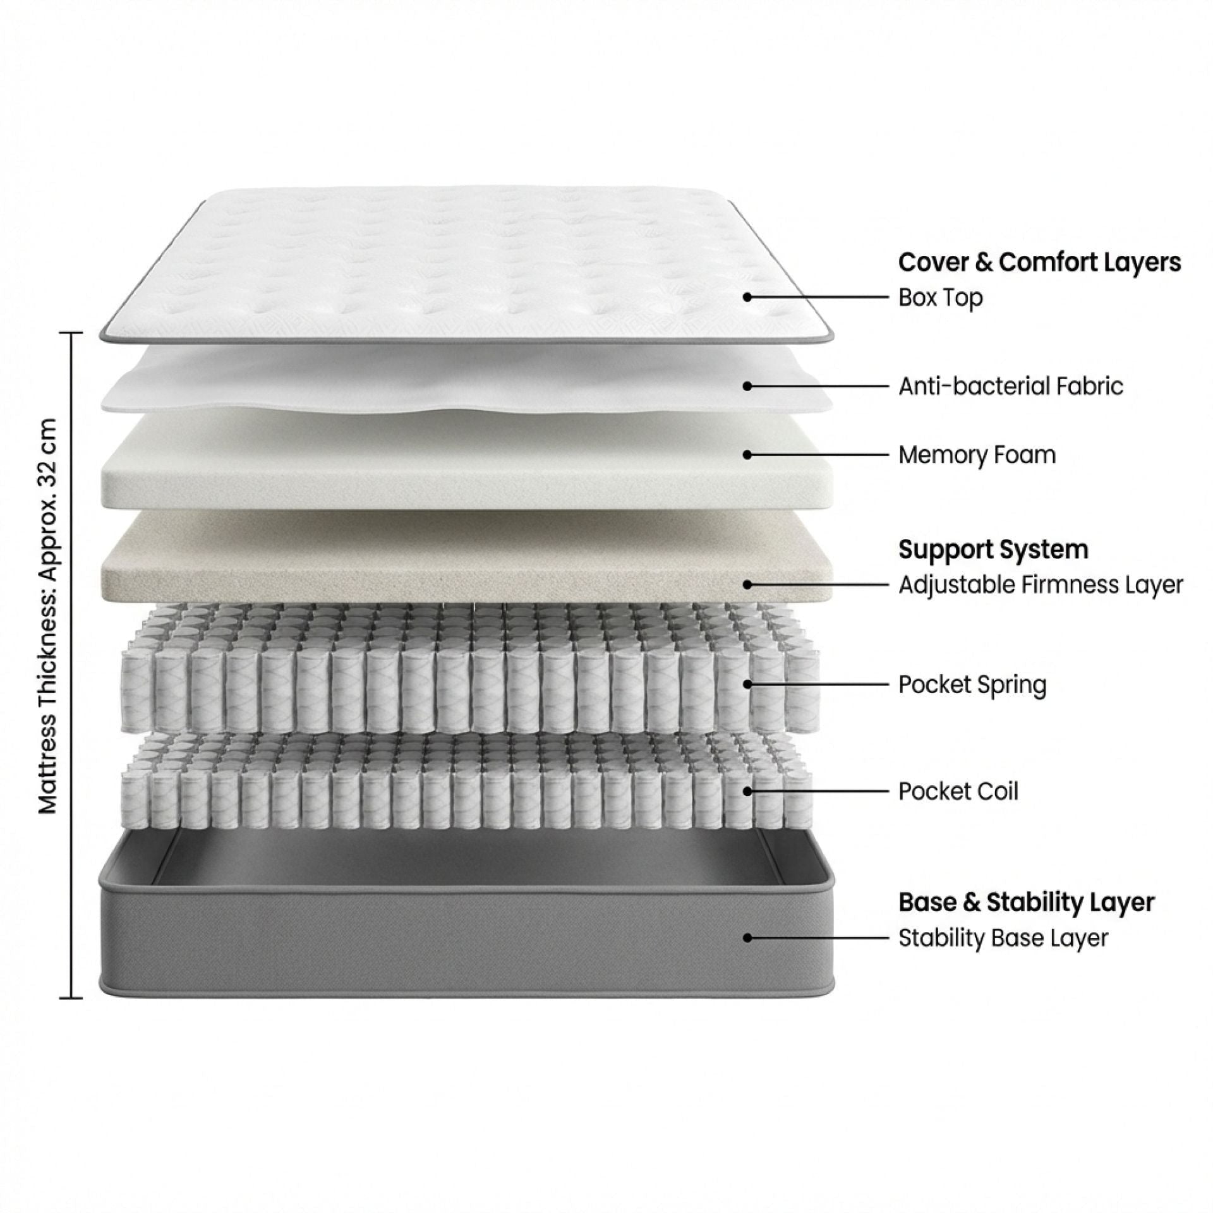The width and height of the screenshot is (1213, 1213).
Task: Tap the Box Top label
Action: (x=941, y=297)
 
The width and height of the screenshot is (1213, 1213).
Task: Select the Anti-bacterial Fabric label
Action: (x=1011, y=386)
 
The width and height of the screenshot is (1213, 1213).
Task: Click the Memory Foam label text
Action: (x=977, y=455)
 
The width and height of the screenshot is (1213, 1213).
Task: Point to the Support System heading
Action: (x=993, y=550)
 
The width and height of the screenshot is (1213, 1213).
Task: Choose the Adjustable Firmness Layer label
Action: (x=1041, y=585)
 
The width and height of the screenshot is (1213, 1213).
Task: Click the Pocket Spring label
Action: (x=972, y=684)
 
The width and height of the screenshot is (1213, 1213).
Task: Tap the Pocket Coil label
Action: (x=958, y=791)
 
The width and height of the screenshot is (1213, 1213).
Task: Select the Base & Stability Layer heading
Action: (x=1027, y=902)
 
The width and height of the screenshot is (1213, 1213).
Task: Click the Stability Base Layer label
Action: (x=1003, y=938)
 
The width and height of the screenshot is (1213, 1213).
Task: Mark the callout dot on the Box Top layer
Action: (x=748, y=296)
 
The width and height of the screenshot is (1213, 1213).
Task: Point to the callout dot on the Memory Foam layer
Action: (x=748, y=454)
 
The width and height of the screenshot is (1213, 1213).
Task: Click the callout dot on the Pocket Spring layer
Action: (x=748, y=684)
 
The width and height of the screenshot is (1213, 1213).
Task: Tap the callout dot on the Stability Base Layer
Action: (x=748, y=938)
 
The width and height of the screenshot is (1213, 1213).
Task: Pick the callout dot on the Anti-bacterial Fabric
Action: (x=748, y=385)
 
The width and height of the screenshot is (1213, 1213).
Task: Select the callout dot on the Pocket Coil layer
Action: (x=748, y=790)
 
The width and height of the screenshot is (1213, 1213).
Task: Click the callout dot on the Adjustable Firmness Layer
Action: (x=748, y=584)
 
